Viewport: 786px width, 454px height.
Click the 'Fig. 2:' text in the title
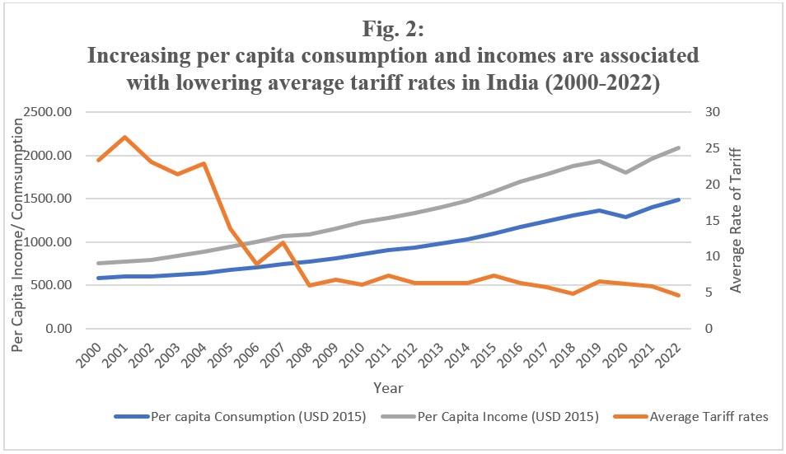[x=392, y=29]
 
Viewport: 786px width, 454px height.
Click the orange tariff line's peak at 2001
[x=124, y=137]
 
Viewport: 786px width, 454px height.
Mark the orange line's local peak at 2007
[x=282, y=242]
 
